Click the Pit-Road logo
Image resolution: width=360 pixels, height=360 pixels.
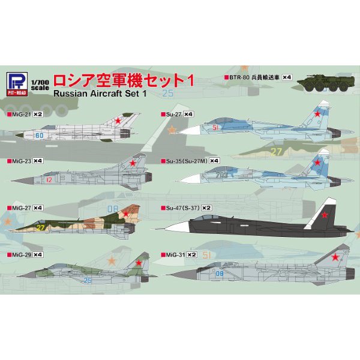[x=17, y=84]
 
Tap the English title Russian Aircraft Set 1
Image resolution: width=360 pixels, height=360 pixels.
[x=100, y=94]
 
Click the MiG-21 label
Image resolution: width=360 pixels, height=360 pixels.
[x=21, y=114]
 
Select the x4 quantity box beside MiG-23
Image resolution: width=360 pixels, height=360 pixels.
[x=38, y=161]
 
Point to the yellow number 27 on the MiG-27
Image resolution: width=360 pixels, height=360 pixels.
[x=40, y=228]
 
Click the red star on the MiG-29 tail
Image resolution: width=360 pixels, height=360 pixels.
[x=139, y=263]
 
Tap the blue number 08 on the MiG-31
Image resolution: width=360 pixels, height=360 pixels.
[x=220, y=274]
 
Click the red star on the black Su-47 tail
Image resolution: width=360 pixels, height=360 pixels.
[x=324, y=215]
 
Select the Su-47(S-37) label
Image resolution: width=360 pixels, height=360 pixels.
[x=182, y=208]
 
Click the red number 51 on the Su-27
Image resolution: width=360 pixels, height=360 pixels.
[x=215, y=128]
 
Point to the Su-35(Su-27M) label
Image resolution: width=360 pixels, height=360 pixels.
[x=187, y=161]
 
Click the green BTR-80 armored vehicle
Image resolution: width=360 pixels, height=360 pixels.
[x=326, y=82]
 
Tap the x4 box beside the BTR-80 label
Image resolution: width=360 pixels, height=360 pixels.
[x=287, y=77]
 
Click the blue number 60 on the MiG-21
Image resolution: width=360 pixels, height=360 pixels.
[x=40, y=136]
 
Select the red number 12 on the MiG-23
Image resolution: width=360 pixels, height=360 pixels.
[x=49, y=180]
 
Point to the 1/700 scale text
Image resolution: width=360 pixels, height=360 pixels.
[x=40, y=85]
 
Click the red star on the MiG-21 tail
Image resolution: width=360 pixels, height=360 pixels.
[x=118, y=121]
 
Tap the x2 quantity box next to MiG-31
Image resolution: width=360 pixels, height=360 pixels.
[x=191, y=254]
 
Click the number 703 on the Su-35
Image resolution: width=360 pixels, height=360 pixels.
[x=221, y=175]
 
